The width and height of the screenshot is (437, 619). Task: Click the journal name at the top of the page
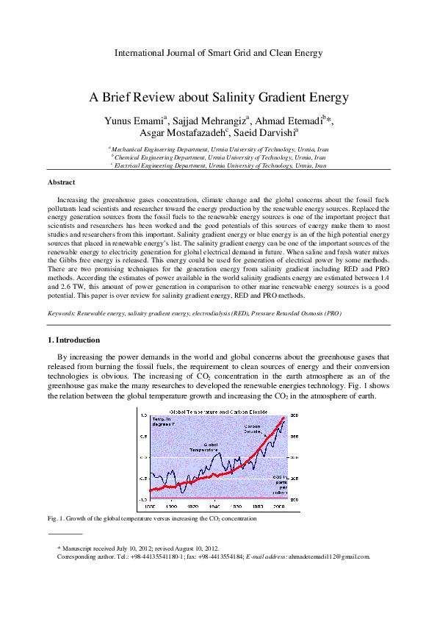[218, 54]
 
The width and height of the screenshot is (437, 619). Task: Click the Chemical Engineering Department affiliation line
[218, 157]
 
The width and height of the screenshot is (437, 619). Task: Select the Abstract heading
[61, 182]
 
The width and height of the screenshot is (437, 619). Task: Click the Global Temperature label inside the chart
[203, 447]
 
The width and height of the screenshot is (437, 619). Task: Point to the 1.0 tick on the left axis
[145, 416]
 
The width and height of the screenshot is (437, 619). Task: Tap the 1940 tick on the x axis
[215, 507]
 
